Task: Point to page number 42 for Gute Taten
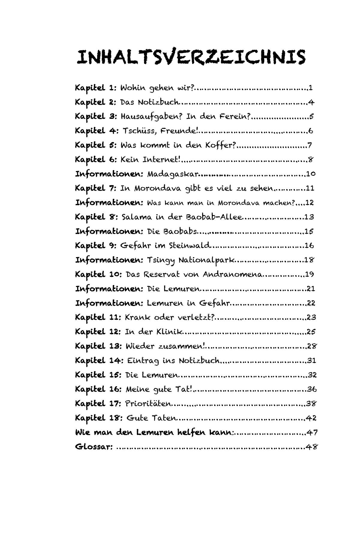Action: pos(311,418)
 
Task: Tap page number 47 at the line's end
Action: pos(312,433)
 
